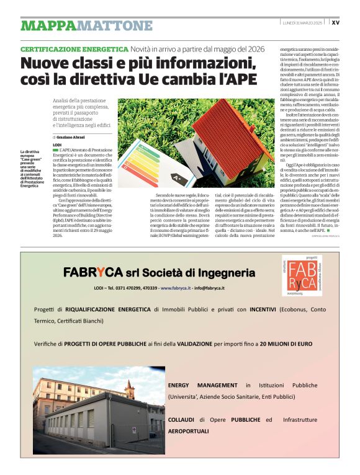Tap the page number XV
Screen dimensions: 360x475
[x=336, y=22]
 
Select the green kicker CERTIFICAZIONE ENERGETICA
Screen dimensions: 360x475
[x=74, y=49]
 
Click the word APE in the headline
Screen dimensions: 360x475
[x=236, y=79]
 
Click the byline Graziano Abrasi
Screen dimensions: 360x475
[x=71, y=136]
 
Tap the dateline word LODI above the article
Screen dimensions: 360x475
[x=57, y=144]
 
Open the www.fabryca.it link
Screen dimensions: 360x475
[x=176, y=288]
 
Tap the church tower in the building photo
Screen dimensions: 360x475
[x=129, y=387]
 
